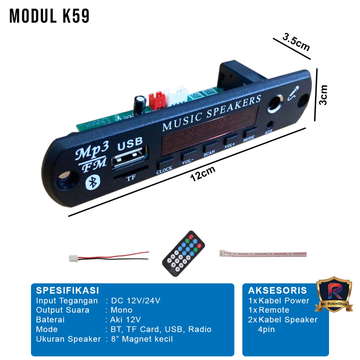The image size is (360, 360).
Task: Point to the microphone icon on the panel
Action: coord(294,93)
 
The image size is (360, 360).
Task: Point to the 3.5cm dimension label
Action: coord(296,42)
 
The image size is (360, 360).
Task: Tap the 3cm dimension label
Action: coord(323,95)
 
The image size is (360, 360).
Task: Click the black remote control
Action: coord(184,253)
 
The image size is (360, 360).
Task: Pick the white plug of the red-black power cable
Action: coord(73,258)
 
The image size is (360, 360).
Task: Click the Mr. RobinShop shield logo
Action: coord(334,295)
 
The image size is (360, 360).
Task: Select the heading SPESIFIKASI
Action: coord(67,290)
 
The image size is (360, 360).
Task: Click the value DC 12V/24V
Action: coord(136,301)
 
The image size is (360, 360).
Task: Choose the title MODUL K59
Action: coord(49,16)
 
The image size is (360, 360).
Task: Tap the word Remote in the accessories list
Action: coord(274,310)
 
